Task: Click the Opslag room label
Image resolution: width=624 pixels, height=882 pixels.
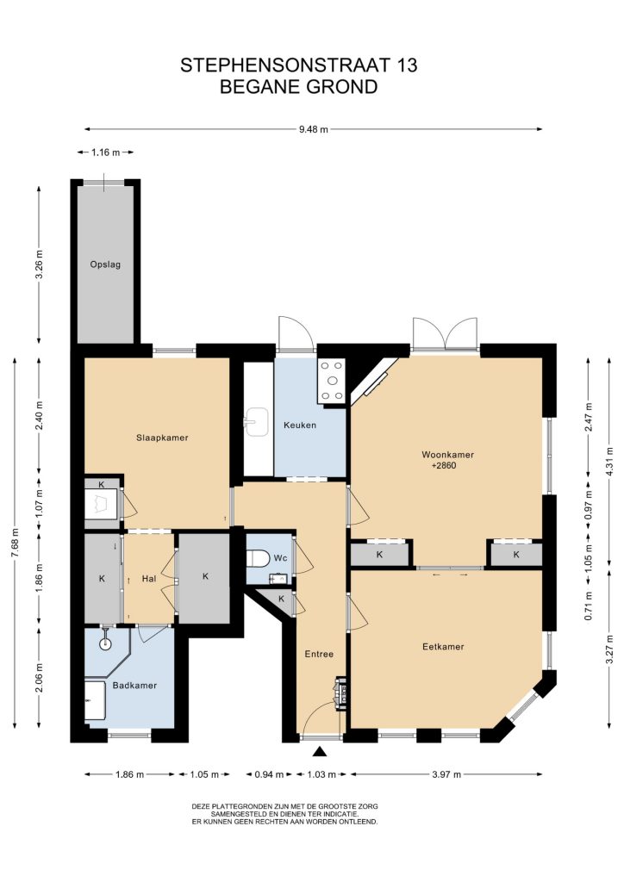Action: [105, 264]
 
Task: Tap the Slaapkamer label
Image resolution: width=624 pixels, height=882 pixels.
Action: [162, 438]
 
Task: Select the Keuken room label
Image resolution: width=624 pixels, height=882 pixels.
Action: [300, 425]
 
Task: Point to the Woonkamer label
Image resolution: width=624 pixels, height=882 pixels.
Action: [448, 455]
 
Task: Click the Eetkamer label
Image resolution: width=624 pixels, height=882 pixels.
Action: [443, 647]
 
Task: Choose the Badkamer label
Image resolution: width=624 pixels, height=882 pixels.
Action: [134, 686]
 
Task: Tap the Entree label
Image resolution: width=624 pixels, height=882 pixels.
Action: [319, 655]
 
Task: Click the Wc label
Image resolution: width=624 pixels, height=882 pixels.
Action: [281, 558]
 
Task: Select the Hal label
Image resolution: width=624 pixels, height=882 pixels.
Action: [149, 578]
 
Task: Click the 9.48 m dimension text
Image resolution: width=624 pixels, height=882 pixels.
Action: [314, 129]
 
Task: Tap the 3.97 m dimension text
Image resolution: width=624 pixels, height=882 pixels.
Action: [446, 774]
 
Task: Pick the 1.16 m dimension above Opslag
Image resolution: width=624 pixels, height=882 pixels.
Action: [106, 152]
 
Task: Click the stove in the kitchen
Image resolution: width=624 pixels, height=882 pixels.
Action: [332, 382]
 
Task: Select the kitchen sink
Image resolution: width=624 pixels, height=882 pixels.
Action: [257, 422]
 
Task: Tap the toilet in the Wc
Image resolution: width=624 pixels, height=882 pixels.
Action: [259, 558]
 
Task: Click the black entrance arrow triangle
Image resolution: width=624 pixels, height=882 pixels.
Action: [320, 752]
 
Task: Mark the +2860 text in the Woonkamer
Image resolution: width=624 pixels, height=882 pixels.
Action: [443, 466]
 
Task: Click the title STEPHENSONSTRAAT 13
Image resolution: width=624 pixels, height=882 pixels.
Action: [299, 65]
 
